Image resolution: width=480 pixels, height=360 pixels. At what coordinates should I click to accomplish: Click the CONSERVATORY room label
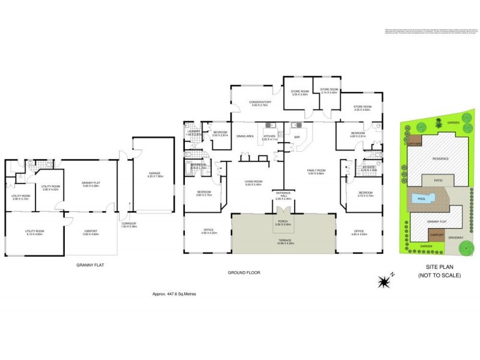click(x=260, y=103)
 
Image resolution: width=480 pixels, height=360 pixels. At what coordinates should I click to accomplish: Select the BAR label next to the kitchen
click(x=296, y=137)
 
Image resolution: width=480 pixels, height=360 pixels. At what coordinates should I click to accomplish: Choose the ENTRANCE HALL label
click(x=283, y=196)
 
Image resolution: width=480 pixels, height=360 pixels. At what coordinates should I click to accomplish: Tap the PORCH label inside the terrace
click(x=282, y=222)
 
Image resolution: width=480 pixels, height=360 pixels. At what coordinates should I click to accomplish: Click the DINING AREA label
click(x=245, y=137)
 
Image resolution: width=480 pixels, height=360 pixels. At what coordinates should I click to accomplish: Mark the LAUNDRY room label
click(x=193, y=132)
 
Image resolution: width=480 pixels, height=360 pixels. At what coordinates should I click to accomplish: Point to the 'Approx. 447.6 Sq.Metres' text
click(x=175, y=294)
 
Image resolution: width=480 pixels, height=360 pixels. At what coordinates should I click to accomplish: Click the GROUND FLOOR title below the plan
click(x=242, y=272)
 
